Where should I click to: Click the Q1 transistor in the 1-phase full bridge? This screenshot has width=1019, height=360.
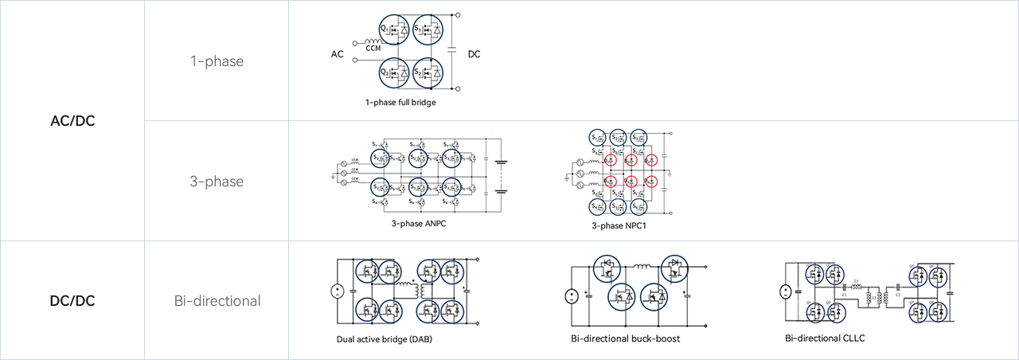click(x=394, y=31)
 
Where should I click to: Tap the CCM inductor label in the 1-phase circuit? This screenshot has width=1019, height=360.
click(x=373, y=48)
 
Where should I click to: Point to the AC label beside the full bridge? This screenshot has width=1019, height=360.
click(x=338, y=55)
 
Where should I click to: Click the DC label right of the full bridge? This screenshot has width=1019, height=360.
click(x=474, y=54)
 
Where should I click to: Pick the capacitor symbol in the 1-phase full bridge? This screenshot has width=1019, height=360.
click(x=452, y=49)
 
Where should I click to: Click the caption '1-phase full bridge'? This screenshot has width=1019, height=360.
click(x=400, y=102)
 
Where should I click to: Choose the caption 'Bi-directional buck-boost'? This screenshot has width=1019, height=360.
click(x=625, y=338)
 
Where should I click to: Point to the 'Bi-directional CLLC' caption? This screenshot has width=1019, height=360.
click(x=825, y=338)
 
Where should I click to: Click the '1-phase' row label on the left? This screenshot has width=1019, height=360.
click(x=217, y=62)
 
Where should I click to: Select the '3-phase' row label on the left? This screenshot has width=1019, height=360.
click(x=217, y=182)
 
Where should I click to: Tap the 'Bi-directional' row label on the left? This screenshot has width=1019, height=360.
click(x=217, y=302)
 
